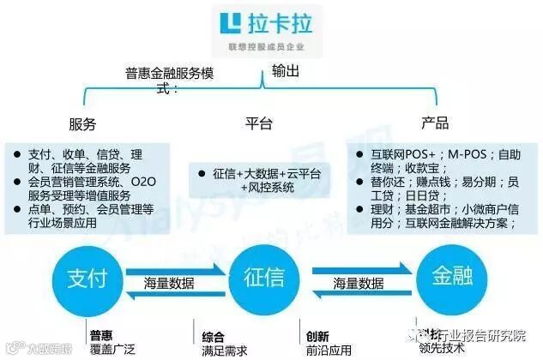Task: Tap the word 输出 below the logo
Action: click(285, 73)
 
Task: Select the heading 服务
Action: click(82, 123)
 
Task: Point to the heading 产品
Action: click(436, 123)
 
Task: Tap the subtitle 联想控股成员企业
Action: click(262, 45)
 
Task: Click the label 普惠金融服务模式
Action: click(172, 79)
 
